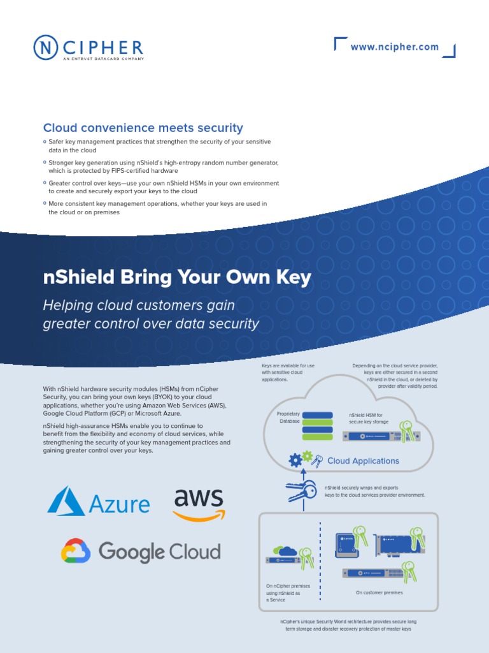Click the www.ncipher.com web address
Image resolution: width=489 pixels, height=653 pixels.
click(395, 47)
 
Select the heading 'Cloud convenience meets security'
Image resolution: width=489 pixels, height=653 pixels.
click(143, 128)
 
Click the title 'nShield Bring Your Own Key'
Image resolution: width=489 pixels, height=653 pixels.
click(177, 277)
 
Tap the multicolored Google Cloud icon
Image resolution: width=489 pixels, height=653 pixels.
click(76, 552)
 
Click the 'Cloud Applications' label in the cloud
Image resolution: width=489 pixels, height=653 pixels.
click(363, 461)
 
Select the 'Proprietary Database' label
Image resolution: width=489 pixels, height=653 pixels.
click(288, 418)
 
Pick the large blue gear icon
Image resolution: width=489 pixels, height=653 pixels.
click(295, 460)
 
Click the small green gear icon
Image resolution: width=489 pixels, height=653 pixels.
click(308, 456)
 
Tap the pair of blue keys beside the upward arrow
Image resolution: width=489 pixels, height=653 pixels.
click(302, 490)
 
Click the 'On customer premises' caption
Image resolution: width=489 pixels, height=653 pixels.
click(379, 592)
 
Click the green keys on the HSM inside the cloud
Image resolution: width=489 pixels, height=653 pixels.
click(405, 429)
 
